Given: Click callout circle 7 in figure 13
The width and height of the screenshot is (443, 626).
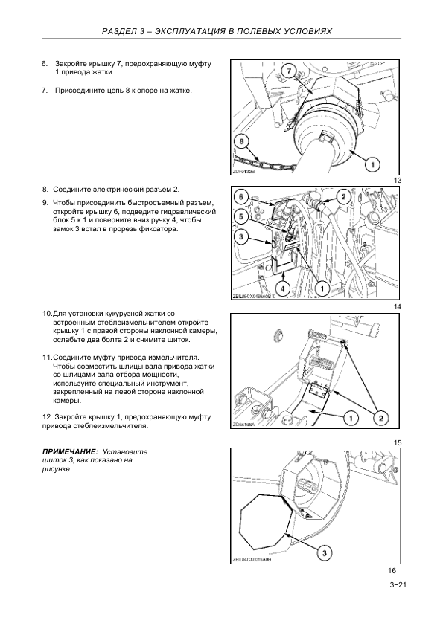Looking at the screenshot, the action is click(x=290, y=71).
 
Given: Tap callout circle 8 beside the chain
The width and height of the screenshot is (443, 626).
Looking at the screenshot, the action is click(x=241, y=142).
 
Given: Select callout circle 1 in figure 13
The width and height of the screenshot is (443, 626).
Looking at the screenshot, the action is click(x=372, y=164).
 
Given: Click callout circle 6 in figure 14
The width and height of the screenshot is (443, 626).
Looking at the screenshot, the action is click(x=241, y=196).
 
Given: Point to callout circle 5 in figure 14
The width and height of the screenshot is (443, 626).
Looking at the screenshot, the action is click(x=241, y=217).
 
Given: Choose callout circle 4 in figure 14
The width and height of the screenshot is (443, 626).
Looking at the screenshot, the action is click(x=282, y=288).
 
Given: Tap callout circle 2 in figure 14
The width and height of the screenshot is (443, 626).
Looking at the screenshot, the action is click(x=343, y=196).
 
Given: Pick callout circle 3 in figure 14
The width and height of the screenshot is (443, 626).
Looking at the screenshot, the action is click(x=241, y=237).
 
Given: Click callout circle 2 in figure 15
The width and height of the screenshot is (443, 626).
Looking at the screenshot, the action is click(x=380, y=418).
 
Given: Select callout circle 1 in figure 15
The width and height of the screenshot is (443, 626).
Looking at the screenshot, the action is click(x=351, y=418).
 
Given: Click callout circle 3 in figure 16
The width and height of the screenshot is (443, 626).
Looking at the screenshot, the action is click(x=325, y=553).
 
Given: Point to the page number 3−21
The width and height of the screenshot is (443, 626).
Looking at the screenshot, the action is click(x=398, y=585).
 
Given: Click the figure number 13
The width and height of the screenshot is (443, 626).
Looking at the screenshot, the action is click(x=398, y=181).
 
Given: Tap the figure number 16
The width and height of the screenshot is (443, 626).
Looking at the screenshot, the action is click(x=392, y=571).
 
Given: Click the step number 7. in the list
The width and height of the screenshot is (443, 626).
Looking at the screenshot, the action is click(x=45, y=91).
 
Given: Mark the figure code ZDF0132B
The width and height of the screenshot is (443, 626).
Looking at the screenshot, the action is click(x=243, y=172).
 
